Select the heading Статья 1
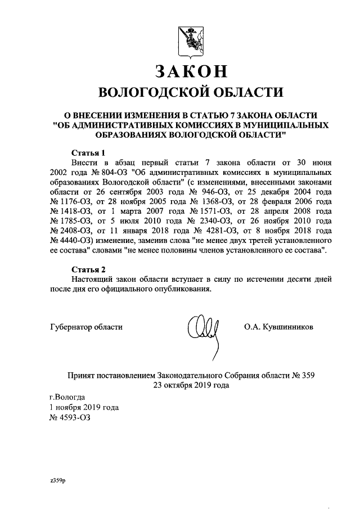coord(89,153)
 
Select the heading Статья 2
coord(89,268)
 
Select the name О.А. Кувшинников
coord(279,327)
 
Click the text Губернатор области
coord(86,327)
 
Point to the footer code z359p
coord(57,481)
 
